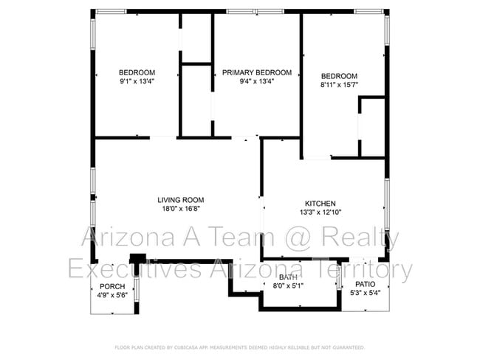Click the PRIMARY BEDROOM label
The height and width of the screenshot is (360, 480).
(x=256, y=72)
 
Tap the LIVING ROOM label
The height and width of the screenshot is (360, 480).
(x=180, y=200)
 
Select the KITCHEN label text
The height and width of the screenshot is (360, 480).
(x=320, y=204)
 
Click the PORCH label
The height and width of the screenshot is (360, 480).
(x=112, y=286)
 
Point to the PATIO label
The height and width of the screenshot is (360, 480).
(x=366, y=284)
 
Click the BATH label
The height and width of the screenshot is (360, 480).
(x=288, y=277)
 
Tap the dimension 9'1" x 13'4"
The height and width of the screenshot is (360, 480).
(x=137, y=81)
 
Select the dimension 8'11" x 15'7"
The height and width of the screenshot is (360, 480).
(x=339, y=86)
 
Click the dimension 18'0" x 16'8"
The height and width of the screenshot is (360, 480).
(x=180, y=209)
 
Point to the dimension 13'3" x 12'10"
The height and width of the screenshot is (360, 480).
(x=320, y=212)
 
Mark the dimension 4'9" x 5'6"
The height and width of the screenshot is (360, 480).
(x=112, y=295)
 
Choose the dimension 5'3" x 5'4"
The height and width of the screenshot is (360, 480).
(x=366, y=293)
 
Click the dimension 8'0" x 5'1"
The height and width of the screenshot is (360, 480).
(x=288, y=285)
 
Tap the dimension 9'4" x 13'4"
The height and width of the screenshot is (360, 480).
(x=256, y=81)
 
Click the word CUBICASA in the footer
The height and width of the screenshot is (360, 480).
(x=188, y=347)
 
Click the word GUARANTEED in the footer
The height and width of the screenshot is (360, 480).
(x=347, y=347)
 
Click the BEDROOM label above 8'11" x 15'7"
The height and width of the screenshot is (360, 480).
(x=339, y=76)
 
